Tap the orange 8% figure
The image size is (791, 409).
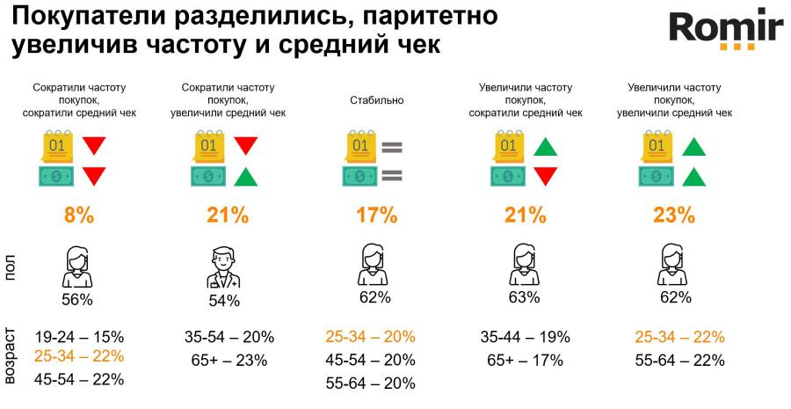pos(77,215)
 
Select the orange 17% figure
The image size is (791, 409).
pos(376,215)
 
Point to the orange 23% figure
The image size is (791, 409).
pos(674,215)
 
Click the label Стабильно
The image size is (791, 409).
pos(376,100)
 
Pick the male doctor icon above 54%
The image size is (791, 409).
pos(224,268)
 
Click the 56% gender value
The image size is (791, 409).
pos(77,300)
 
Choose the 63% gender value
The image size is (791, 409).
pos(524,297)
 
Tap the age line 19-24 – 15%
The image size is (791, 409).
pos(79,337)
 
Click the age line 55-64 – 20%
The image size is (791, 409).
pos(370,383)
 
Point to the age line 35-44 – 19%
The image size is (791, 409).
pos(526,337)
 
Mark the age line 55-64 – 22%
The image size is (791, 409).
pos(679,360)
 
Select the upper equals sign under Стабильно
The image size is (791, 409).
pos(391,145)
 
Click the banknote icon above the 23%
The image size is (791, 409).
pos(656,176)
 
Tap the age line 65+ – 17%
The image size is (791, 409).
pos(526,360)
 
